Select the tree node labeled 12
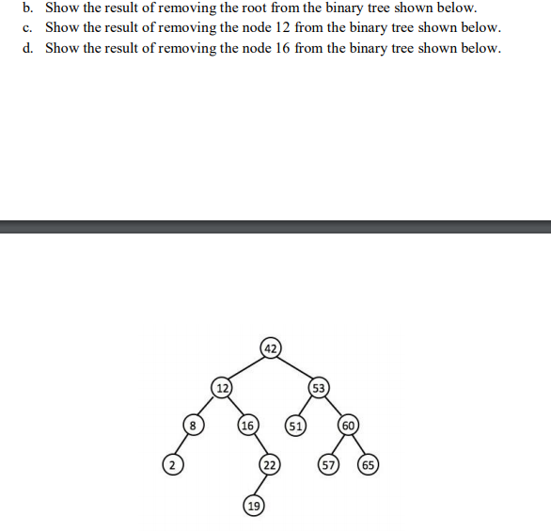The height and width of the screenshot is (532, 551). tap(222, 387)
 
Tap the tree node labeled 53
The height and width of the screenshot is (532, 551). tap(318, 387)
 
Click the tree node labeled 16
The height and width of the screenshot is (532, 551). tap(248, 426)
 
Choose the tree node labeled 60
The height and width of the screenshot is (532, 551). tap(347, 426)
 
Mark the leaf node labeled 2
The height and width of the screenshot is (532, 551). tap(170, 465)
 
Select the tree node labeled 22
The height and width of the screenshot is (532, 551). tap(270, 465)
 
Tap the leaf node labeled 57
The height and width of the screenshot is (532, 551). tap(328, 465)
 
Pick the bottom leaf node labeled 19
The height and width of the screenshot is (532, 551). tap(252, 506)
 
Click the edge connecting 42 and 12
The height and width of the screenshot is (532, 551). tap(246, 367)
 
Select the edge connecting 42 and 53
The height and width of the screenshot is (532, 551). tap(294, 367)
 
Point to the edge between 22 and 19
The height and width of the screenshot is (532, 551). tap(261, 485)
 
